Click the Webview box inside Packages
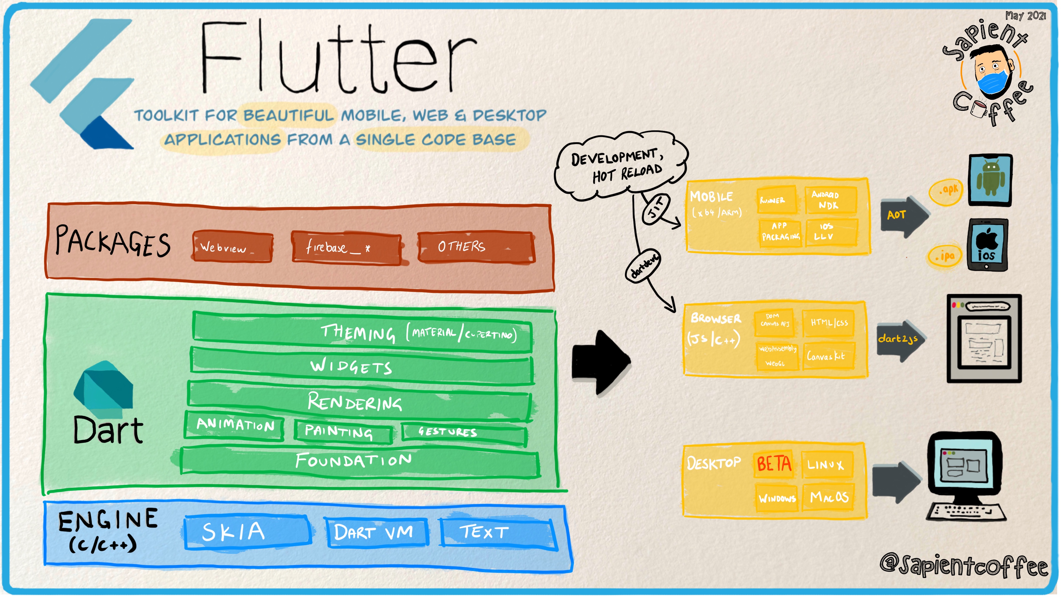point(232,247)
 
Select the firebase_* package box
point(346,248)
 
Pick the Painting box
point(343,432)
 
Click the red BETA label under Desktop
point(774,464)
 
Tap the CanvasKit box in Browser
point(827,356)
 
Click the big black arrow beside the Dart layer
point(601,362)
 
